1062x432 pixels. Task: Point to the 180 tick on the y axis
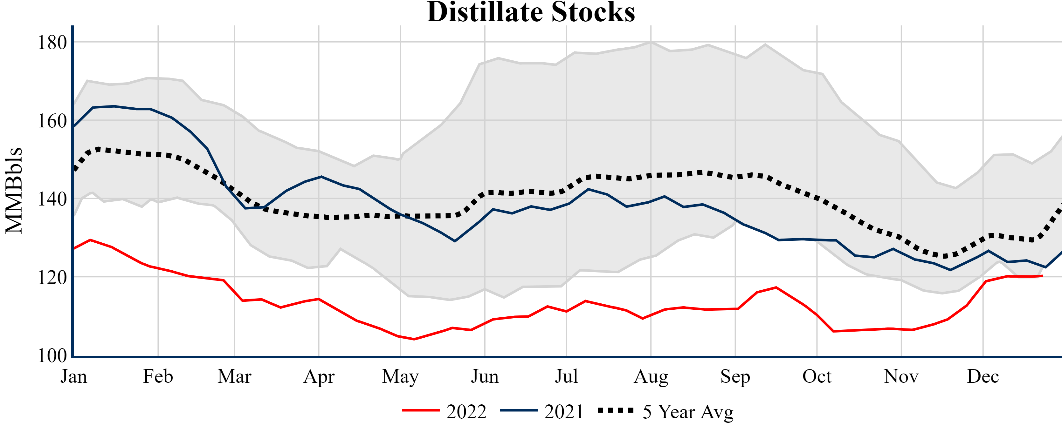(x=52, y=43)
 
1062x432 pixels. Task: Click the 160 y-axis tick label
(x=52, y=121)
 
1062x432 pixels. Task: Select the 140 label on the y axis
(x=52, y=199)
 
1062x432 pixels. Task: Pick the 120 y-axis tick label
(x=52, y=278)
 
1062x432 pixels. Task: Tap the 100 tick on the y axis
(x=52, y=356)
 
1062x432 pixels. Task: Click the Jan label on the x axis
(x=74, y=376)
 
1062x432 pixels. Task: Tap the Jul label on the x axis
(x=567, y=376)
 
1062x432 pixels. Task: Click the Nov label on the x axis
(x=901, y=376)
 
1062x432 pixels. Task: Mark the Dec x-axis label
(x=983, y=376)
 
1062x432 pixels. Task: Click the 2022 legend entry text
(x=466, y=412)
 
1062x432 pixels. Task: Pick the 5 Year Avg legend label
(x=688, y=412)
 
